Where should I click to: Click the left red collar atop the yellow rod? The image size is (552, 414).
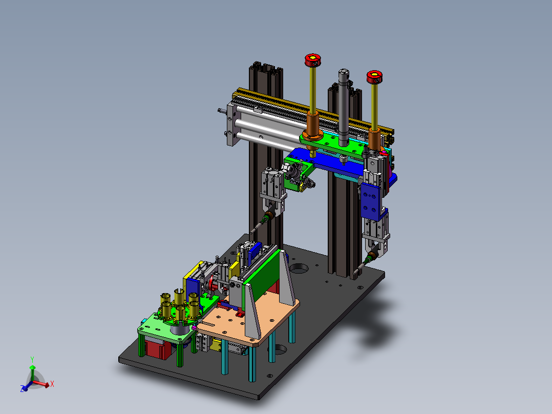pyautogui.click(x=312, y=60)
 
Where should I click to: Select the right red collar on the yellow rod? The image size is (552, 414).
pyautogui.click(x=374, y=77)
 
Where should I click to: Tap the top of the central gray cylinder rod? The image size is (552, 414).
pyautogui.click(x=344, y=73)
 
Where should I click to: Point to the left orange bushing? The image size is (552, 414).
pyautogui.click(x=312, y=126)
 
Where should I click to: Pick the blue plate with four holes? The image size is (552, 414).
pyautogui.click(x=370, y=201)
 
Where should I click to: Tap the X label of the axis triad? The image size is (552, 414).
pyautogui.click(x=52, y=384)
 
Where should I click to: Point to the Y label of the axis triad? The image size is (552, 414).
pyautogui.click(x=32, y=360)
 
